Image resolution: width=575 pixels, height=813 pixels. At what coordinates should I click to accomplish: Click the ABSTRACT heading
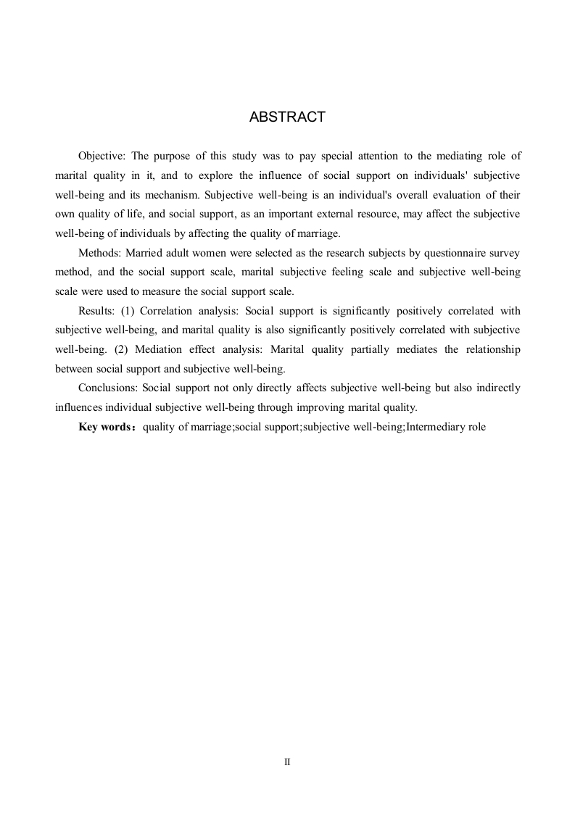point(287,117)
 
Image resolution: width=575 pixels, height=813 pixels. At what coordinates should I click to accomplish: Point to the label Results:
point(96,311)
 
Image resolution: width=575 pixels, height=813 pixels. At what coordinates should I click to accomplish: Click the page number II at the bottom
point(287,762)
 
